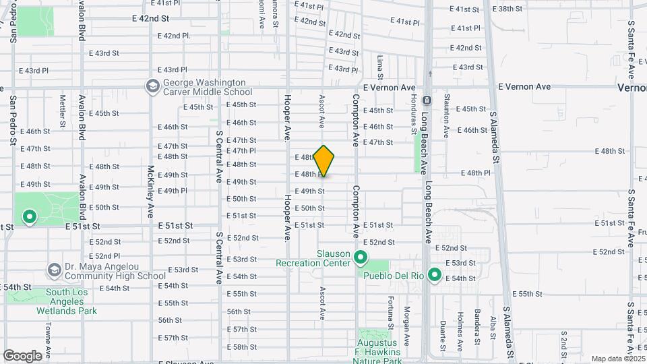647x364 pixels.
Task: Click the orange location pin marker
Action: tap(324, 160)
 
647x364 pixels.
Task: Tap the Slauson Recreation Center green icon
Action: tap(361, 257)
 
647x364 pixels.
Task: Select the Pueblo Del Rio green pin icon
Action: tap(435, 274)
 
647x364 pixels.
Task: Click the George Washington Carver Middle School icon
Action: tap(152, 86)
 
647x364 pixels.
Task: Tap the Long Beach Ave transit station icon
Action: tap(426, 100)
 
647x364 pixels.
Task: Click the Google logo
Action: tap(22, 355)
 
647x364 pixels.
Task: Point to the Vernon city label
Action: tap(631, 88)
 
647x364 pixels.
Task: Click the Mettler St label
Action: tap(63, 110)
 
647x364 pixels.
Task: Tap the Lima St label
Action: tap(381, 67)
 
